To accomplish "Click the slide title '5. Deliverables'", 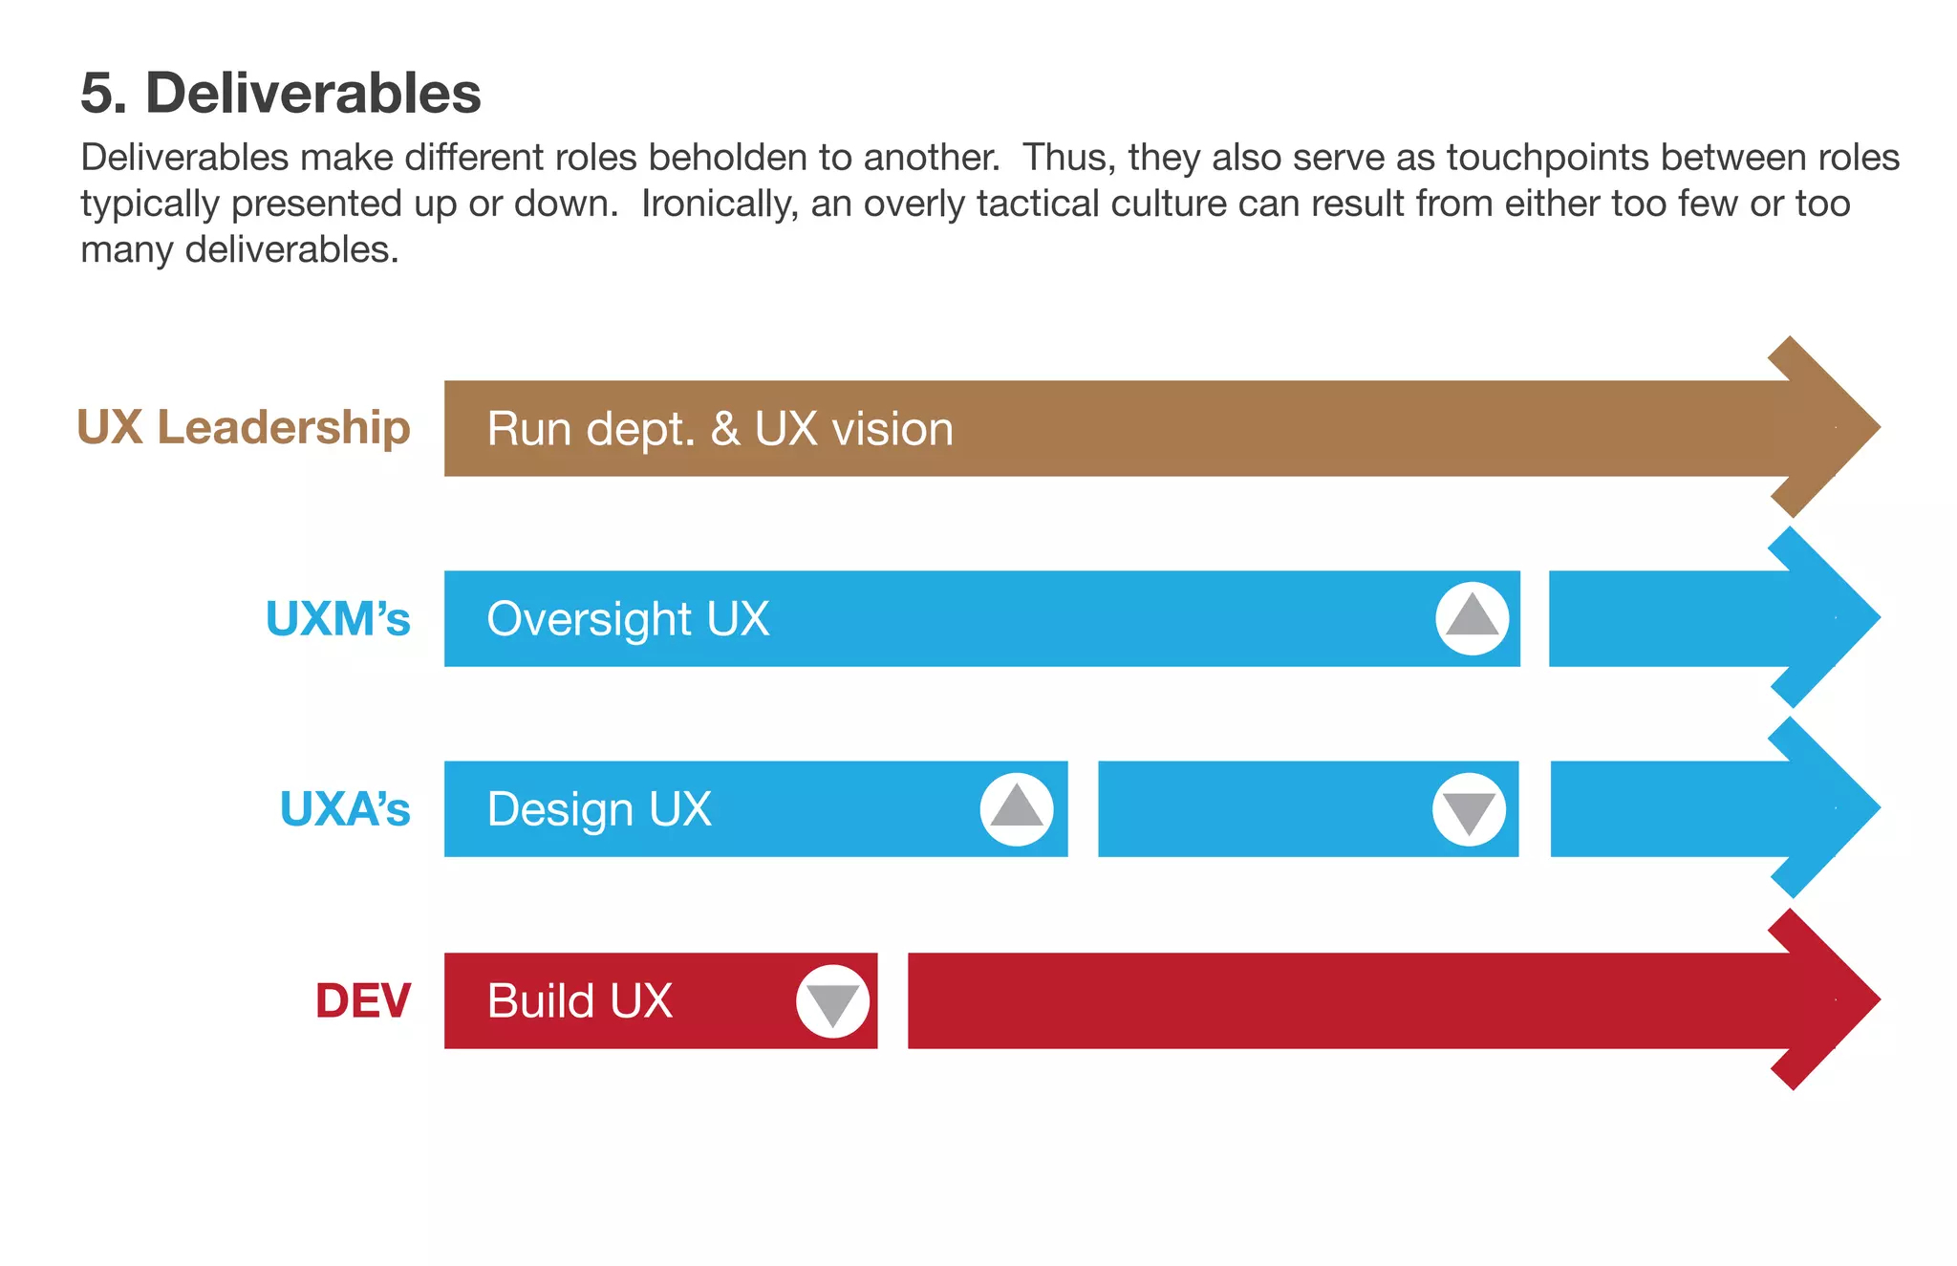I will (x=280, y=94).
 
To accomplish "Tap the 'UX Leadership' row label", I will (x=244, y=427).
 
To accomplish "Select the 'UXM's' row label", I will (x=337, y=618).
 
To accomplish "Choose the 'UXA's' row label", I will (x=344, y=809).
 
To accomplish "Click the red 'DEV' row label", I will (x=363, y=1000).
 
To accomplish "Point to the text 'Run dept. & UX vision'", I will (x=720, y=429).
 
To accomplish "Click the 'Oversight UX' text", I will (x=628, y=619).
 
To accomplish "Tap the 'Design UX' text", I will (x=599, y=810).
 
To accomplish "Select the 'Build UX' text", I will (x=579, y=1001).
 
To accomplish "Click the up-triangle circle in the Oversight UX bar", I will (x=1472, y=618).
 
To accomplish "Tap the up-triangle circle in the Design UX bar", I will (x=1017, y=809).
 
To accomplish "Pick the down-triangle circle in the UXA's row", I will (x=1469, y=809).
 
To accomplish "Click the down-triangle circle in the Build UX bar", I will (x=832, y=1001).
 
